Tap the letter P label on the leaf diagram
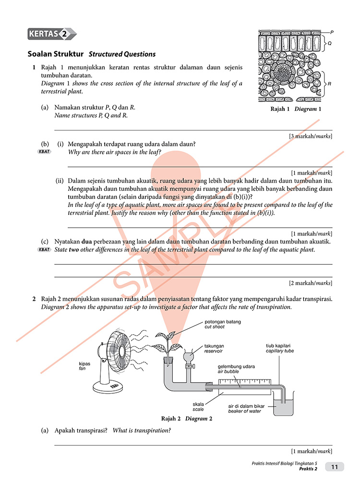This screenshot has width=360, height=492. pyautogui.click(x=332, y=31)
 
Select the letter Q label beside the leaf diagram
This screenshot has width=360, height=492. pyautogui.click(x=329, y=43)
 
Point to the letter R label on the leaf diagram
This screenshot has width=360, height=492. pyautogui.click(x=329, y=84)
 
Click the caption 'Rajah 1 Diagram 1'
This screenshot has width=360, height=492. pyautogui.click(x=296, y=109)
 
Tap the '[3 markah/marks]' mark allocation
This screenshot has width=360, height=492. pyautogui.click(x=311, y=136)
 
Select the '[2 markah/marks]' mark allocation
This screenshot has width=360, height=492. pyautogui.click(x=311, y=283)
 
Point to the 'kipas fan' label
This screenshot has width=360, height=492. pyautogui.click(x=84, y=366)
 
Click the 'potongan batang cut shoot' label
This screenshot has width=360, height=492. pyautogui.click(x=222, y=324)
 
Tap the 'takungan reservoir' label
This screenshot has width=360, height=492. pyautogui.click(x=214, y=348)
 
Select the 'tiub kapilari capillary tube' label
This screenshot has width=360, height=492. pyautogui.click(x=280, y=348)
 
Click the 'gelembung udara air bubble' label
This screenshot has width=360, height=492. pyautogui.click(x=236, y=369)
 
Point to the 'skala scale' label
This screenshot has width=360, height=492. pyautogui.click(x=198, y=407)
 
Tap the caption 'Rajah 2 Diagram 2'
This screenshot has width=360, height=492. pyautogui.click(x=187, y=418)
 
